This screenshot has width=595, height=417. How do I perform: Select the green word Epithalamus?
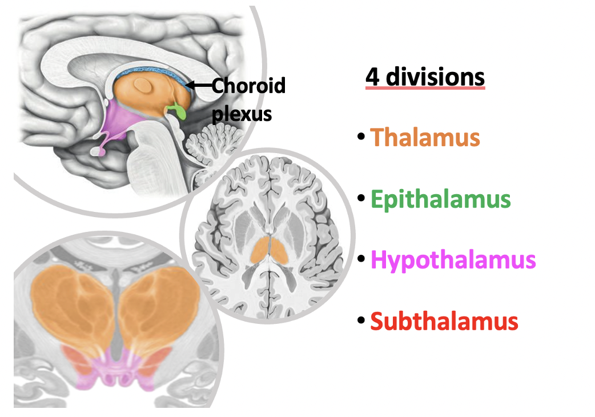pyautogui.click(x=440, y=199)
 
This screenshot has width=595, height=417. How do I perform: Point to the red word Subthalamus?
pyautogui.click(x=444, y=322)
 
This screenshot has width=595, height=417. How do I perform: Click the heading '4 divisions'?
pyautogui.click(x=425, y=77)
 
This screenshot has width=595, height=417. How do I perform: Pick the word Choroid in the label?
pyautogui.click(x=248, y=86)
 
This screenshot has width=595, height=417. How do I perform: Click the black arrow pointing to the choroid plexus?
pyautogui.click(x=199, y=86)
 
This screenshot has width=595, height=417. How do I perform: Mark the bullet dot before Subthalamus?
pyautogui.click(x=360, y=322)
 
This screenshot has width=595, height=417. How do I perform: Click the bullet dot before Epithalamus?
pyautogui.click(x=360, y=199)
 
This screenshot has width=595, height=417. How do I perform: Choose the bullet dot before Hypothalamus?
pyautogui.click(x=360, y=260)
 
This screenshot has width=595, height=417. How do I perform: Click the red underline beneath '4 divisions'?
pyautogui.click(x=425, y=88)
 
